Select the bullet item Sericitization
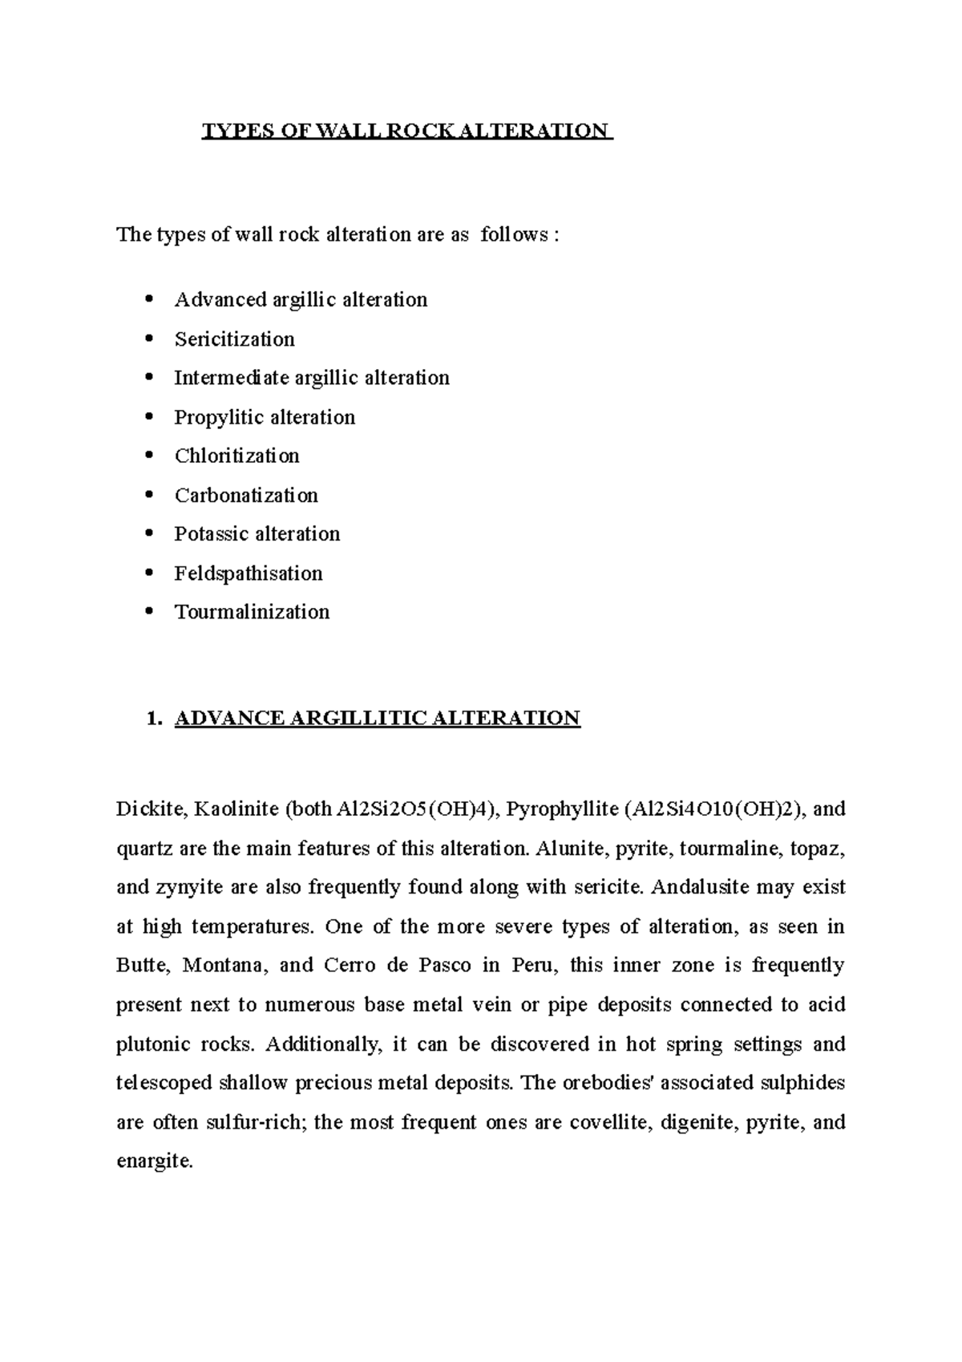(x=234, y=339)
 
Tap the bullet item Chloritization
(x=236, y=456)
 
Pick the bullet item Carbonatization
(x=246, y=496)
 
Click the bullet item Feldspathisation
(x=249, y=574)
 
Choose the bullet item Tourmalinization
(x=252, y=612)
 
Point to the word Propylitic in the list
(x=218, y=418)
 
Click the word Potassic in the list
(x=210, y=534)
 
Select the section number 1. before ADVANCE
(x=155, y=718)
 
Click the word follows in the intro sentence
(x=514, y=235)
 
